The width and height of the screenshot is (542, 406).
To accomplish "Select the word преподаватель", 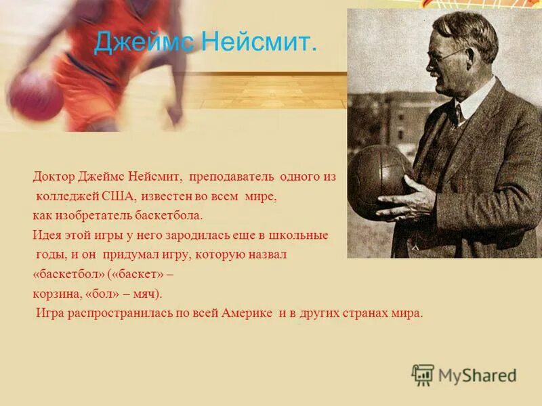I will click(x=232, y=177).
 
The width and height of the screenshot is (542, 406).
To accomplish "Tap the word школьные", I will click(x=303, y=235).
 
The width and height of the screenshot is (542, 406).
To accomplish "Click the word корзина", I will click(x=53, y=294).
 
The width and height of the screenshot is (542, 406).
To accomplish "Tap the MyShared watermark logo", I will click(x=464, y=375).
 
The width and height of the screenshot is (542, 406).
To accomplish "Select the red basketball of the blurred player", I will click(x=35, y=95).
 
